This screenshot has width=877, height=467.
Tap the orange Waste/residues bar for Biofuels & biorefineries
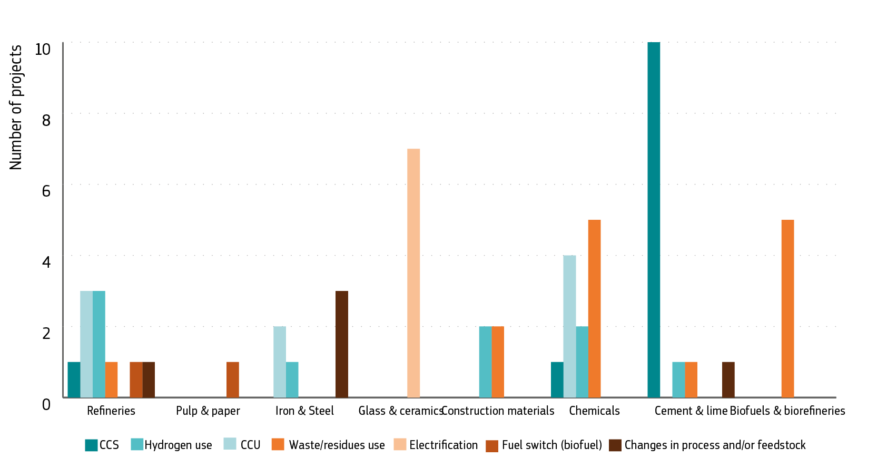click(x=787, y=308)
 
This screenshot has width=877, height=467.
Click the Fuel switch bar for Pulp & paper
click(x=233, y=379)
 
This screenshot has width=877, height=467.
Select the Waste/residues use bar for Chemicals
click(x=594, y=308)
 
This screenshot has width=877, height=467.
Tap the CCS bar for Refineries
click(x=74, y=379)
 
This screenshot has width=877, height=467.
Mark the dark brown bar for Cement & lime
click(x=728, y=379)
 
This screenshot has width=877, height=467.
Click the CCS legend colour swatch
click(x=91, y=445)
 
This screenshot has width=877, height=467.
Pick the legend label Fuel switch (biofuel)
click(x=551, y=445)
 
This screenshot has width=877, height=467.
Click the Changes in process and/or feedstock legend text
click(x=715, y=445)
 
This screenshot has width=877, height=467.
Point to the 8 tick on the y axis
click(x=46, y=120)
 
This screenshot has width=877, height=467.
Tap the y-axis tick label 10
click(x=42, y=49)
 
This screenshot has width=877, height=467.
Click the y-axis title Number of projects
click(x=16, y=107)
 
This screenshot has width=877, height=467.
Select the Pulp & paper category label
click(x=208, y=411)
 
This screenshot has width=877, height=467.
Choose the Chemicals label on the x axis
click(x=594, y=411)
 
